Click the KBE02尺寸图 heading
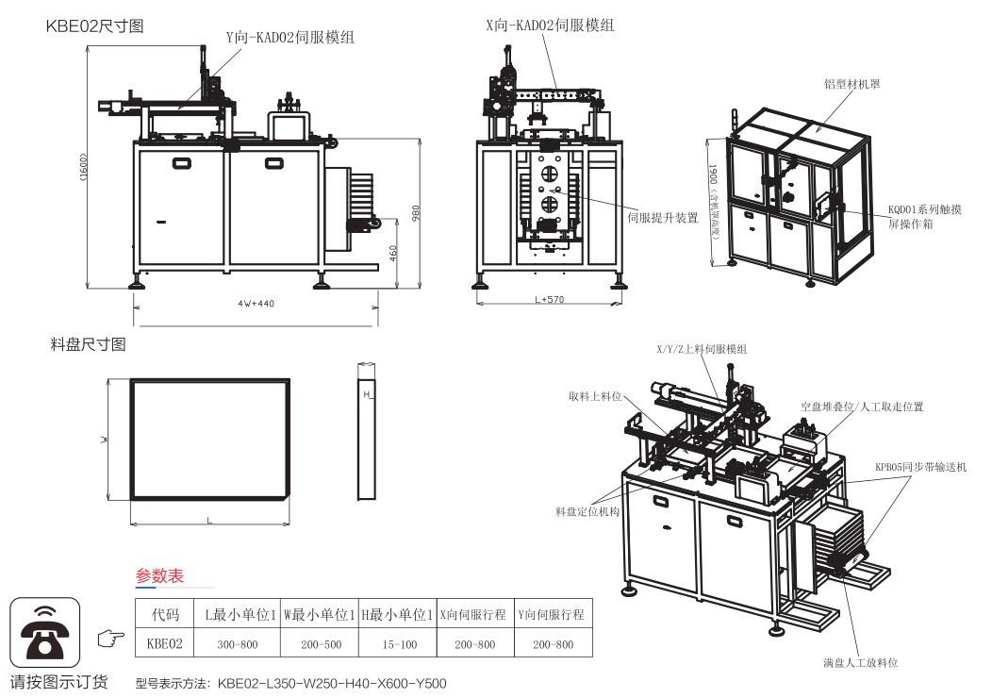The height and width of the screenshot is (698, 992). [x=94, y=26]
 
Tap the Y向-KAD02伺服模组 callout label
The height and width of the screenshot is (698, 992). [x=289, y=38]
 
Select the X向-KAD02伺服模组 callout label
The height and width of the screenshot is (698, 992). [x=550, y=25]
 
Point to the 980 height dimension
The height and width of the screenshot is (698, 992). [x=415, y=213]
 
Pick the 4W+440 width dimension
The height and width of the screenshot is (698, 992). [x=256, y=303]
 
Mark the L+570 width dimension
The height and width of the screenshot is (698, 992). [x=549, y=300]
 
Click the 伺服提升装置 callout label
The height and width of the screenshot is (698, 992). [x=662, y=218]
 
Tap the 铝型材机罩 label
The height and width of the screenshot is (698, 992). [x=851, y=84]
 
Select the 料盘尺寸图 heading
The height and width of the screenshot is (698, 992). [x=88, y=345]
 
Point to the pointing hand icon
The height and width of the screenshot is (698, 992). [x=111, y=639]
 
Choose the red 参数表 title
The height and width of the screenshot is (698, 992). [x=159, y=575]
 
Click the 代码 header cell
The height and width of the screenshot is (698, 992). [x=165, y=614]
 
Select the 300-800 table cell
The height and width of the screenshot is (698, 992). [x=238, y=644]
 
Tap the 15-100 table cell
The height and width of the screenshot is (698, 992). [x=398, y=644]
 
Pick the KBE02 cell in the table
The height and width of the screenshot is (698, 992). [x=165, y=644]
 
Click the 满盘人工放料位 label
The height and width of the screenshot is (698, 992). [x=860, y=662]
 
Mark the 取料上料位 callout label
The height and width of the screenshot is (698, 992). [x=596, y=396]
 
